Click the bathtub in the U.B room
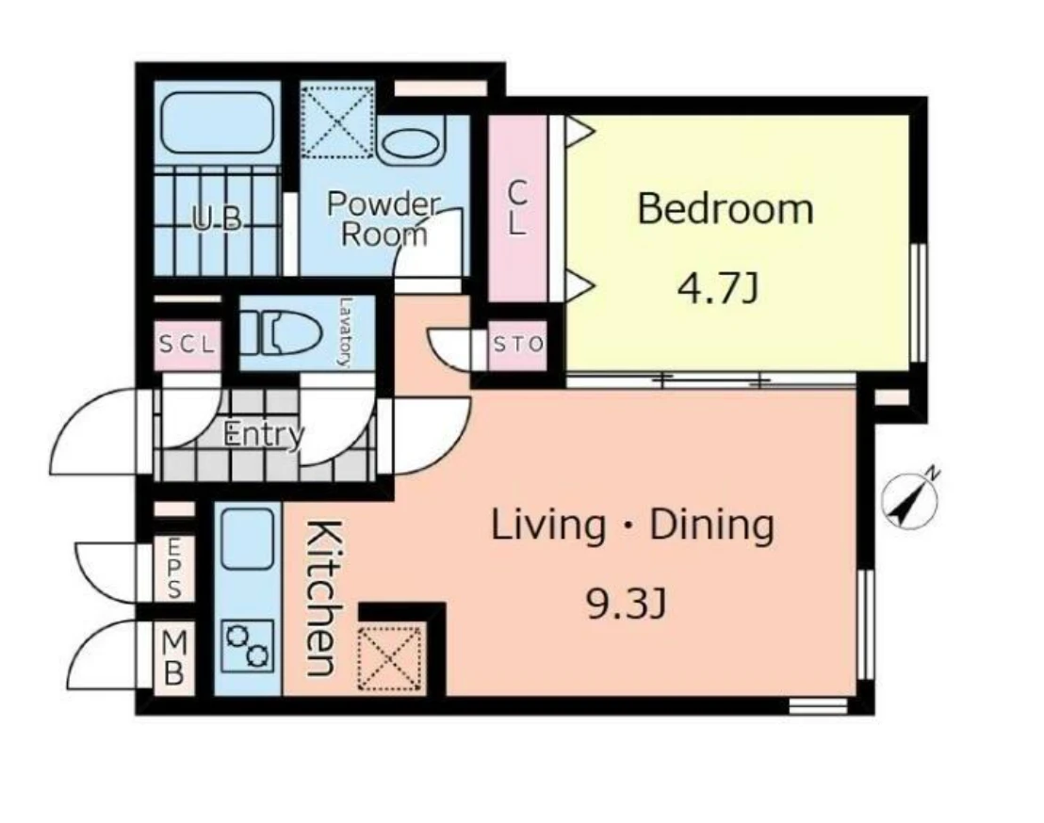[x=218, y=123]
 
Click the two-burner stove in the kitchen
[x=248, y=645]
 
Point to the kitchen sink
[x=247, y=539]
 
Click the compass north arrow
[x=909, y=499]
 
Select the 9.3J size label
[x=626, y=605]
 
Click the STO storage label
[x=518, y=344]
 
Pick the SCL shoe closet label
[x=188, y=345]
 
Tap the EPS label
[x=173, y=568]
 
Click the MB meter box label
[x=173, y=657]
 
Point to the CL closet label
[x=517, y=208]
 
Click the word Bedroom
[x=726, y=208]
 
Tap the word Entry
[x=265, y=434]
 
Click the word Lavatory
[x=345, y=332]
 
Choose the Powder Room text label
[x=384, y=218]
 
